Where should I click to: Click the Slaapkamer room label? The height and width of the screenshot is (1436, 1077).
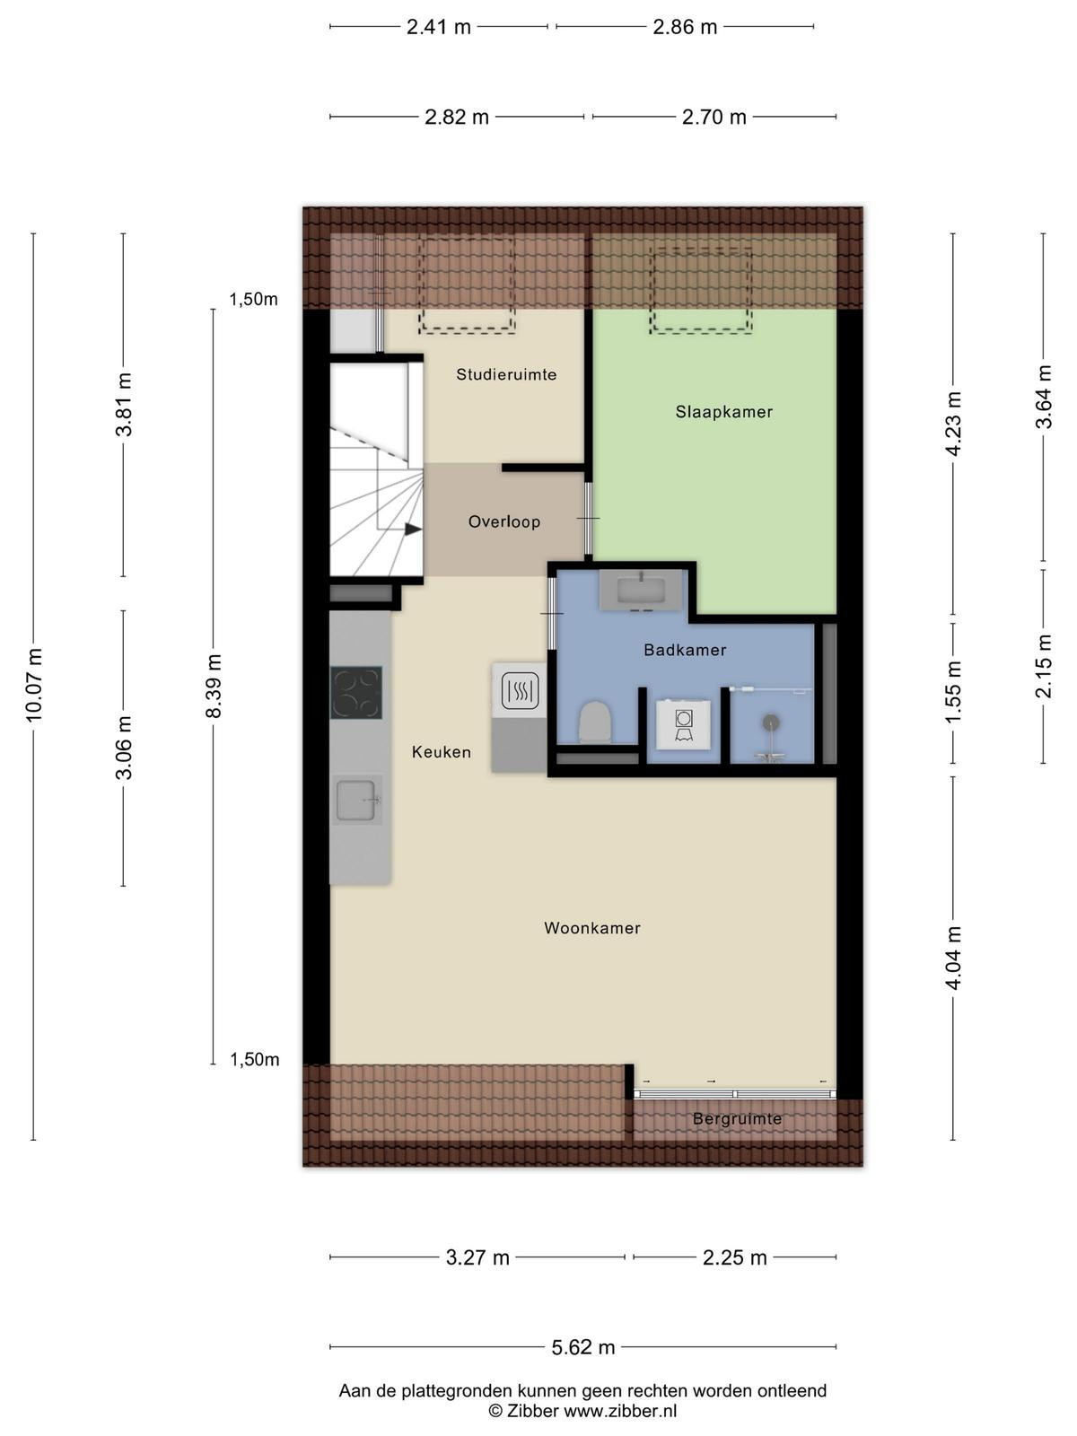[x=724, y=411]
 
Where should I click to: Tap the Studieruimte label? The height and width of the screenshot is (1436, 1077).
[x=506, y=374]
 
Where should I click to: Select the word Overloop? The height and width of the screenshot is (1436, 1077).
[x=504, y=521]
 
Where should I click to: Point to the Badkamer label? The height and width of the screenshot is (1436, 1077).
[x=685, y=650]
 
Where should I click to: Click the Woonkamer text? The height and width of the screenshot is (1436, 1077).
[x=591, y=928]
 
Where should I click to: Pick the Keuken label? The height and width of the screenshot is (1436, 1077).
[x=442, y=752]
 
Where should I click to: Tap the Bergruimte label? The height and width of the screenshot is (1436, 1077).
[x=737, y=1118]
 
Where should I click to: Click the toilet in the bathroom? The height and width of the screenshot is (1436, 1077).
[x=596, y=722]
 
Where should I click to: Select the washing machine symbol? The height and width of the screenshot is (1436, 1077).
[x=684, y=723]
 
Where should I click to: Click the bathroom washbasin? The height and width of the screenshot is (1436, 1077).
[x=641, y=590]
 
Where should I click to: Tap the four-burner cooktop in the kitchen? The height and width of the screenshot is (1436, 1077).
[x=355, y=692]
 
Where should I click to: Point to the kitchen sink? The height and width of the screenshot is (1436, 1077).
[x=356, y=798]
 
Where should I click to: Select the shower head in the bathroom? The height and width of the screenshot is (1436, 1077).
[x=770, y=722]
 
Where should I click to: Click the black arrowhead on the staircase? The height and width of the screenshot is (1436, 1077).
[x=413, y=530]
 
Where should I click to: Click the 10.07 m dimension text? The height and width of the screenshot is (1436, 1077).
[x=34, y=686]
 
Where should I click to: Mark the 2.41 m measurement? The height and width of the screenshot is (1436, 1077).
[x=439, y=27]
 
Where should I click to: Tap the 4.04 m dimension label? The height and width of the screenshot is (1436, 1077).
[x=953, y=958]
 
